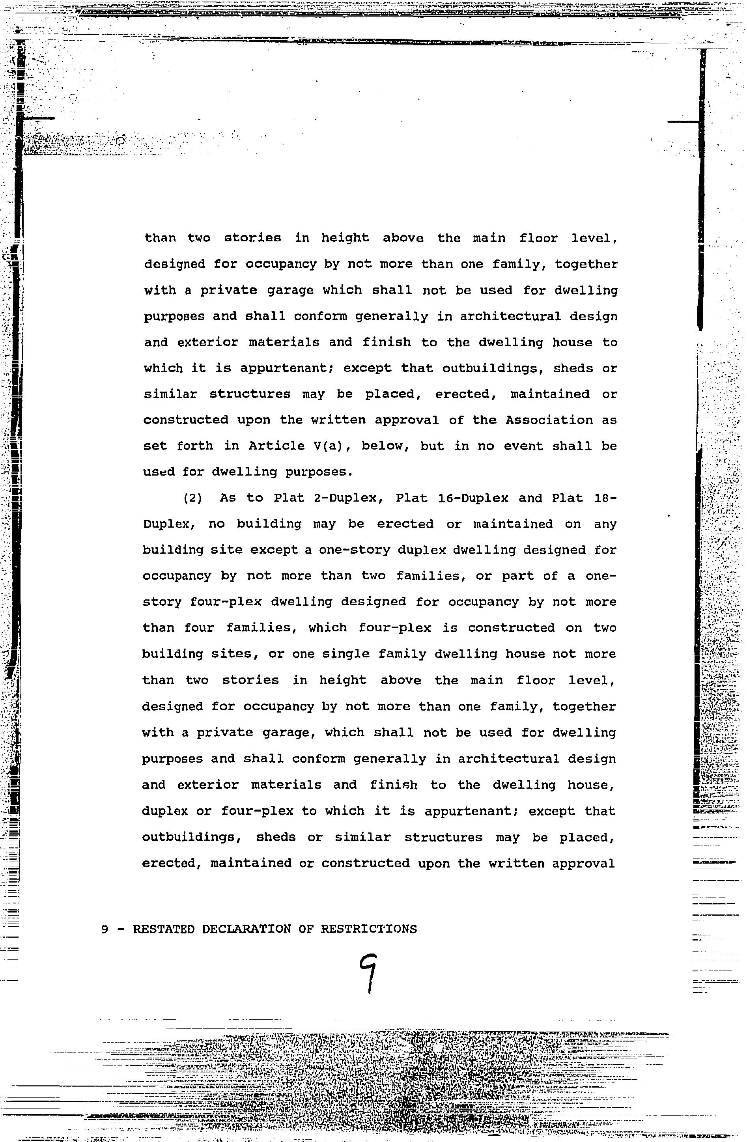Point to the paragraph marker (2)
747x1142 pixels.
click(192, 498)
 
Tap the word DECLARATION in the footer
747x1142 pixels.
click(246, 929)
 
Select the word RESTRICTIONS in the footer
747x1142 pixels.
click(368, 929)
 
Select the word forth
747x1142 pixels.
click(194, 446)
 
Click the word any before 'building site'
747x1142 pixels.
click(605, 524)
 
